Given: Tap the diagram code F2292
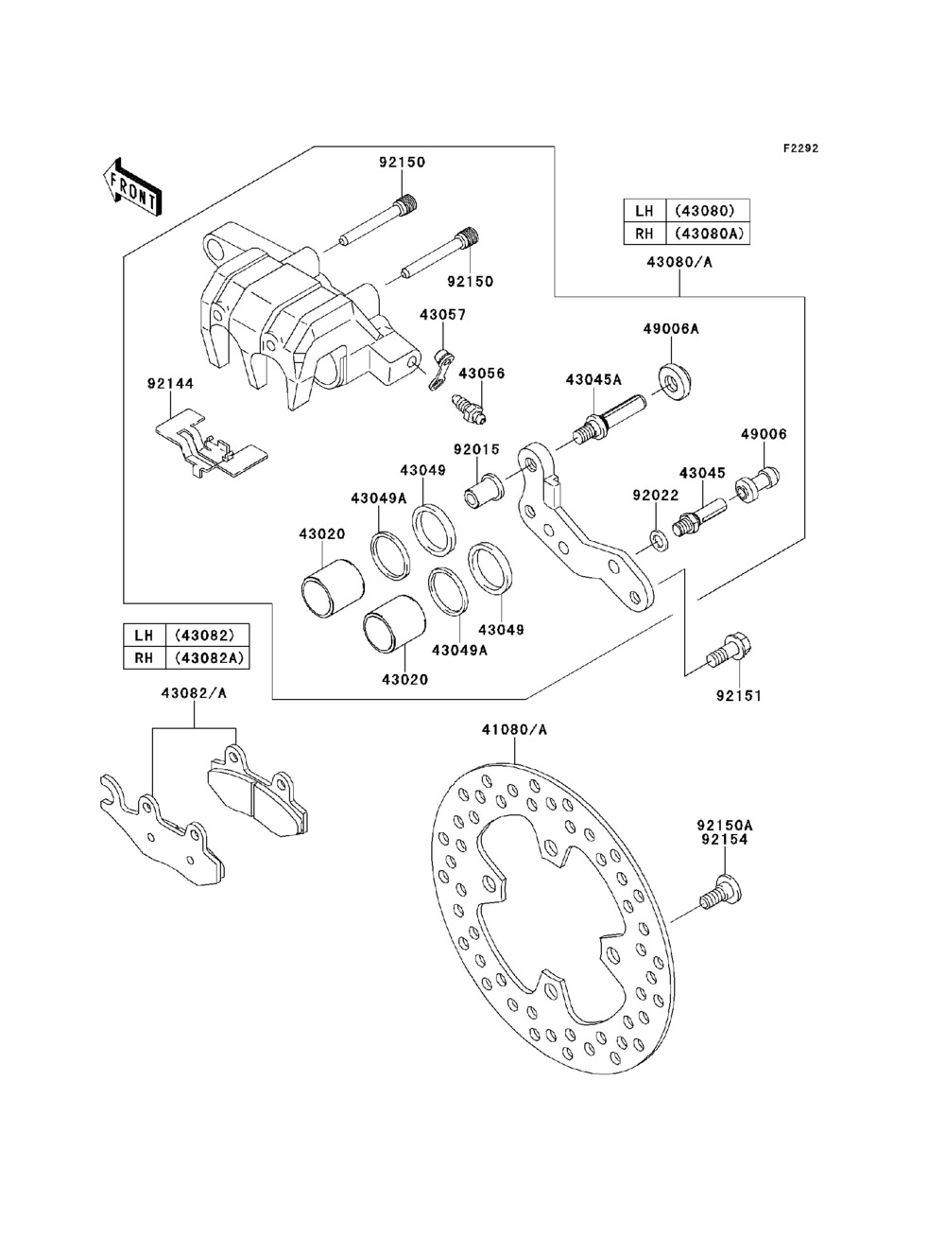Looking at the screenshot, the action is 800,148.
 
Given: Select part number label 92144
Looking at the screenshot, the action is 170,384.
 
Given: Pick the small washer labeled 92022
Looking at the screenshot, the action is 658,539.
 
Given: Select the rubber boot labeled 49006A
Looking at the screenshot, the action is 675,382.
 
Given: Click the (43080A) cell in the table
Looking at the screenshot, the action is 708,234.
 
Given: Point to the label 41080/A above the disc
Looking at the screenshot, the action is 514,730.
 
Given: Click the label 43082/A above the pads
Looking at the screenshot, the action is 194,693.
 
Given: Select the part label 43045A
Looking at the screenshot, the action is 594,379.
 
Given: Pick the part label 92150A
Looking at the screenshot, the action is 725,825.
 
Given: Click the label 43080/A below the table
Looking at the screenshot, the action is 679,262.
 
